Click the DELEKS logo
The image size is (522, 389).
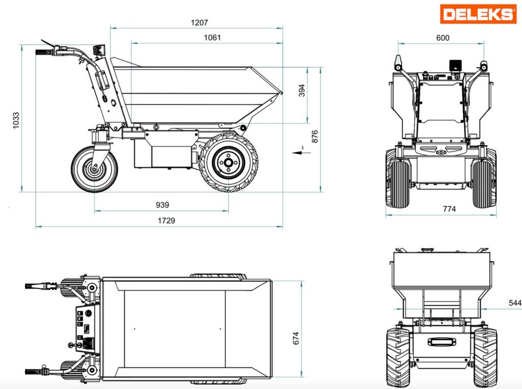tap(478, 14)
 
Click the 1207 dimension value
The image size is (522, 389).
tap(199, 22)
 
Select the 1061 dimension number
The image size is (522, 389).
tap(212, 37)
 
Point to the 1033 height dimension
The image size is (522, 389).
tap(16, 121)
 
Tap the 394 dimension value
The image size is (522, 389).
tap(302, 91)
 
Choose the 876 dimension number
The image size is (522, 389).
tap(315, 136)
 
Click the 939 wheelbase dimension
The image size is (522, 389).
tap(163, 205)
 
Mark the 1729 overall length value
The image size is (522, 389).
tap(166, 220)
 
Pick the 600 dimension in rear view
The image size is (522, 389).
tap(443, 38)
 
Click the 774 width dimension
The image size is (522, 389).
tap(450, 209)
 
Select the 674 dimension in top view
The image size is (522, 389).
tap(296, 338)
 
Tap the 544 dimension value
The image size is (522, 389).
tap(515, 302)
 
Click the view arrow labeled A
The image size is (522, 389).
tap(302, 152)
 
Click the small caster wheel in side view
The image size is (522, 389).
tap(94, 169)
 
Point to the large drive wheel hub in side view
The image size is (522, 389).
tap(228, 162)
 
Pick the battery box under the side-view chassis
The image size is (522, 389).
tap(163, 153)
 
